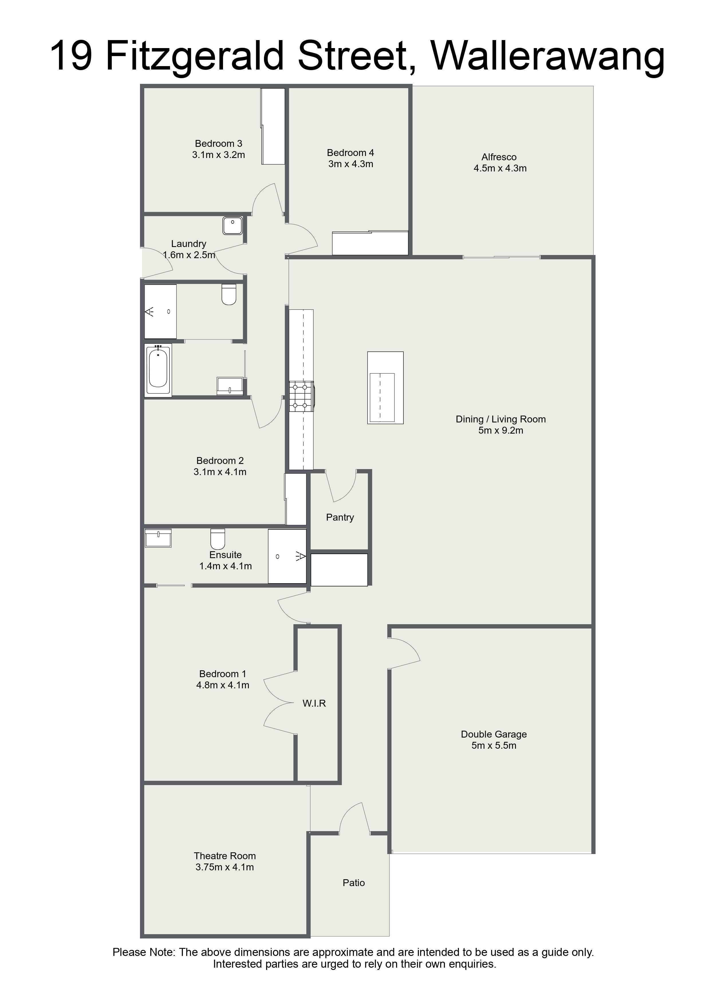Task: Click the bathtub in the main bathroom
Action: coord(158,370)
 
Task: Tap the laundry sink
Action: coord(233,225)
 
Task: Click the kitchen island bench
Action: coord(385,388)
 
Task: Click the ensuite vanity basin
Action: coord(158,538)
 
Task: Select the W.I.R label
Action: coord(314,703)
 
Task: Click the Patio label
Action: coord(354,882)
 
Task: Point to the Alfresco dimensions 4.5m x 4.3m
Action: coord(500,168)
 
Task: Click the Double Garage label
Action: coord(494,734)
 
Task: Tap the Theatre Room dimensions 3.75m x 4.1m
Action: coord(225,867)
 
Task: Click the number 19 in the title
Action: coord(71,56)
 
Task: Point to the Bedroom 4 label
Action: coord(350,153)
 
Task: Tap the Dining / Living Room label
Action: coord(501,419)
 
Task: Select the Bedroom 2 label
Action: coord(220,461)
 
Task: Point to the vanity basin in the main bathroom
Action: coord(230,386)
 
